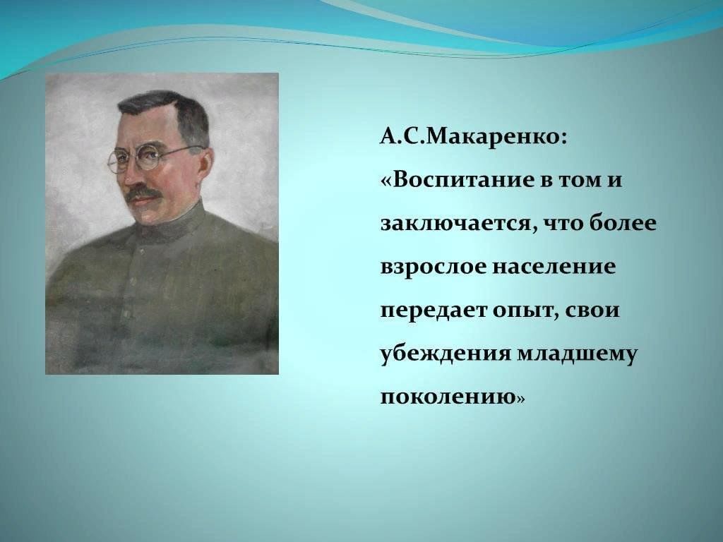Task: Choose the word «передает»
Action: (434, 311)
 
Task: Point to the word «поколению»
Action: (447, 398)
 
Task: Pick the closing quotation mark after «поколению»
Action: (520, 399)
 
